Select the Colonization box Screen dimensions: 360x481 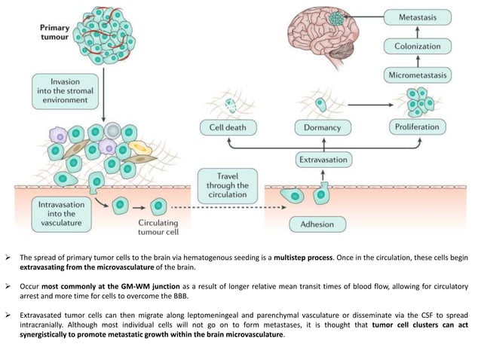point(417,45)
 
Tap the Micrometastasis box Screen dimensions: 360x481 point(417,75)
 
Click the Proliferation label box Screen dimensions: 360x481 point(417,127)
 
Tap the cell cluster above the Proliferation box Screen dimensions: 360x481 point(415,100)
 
